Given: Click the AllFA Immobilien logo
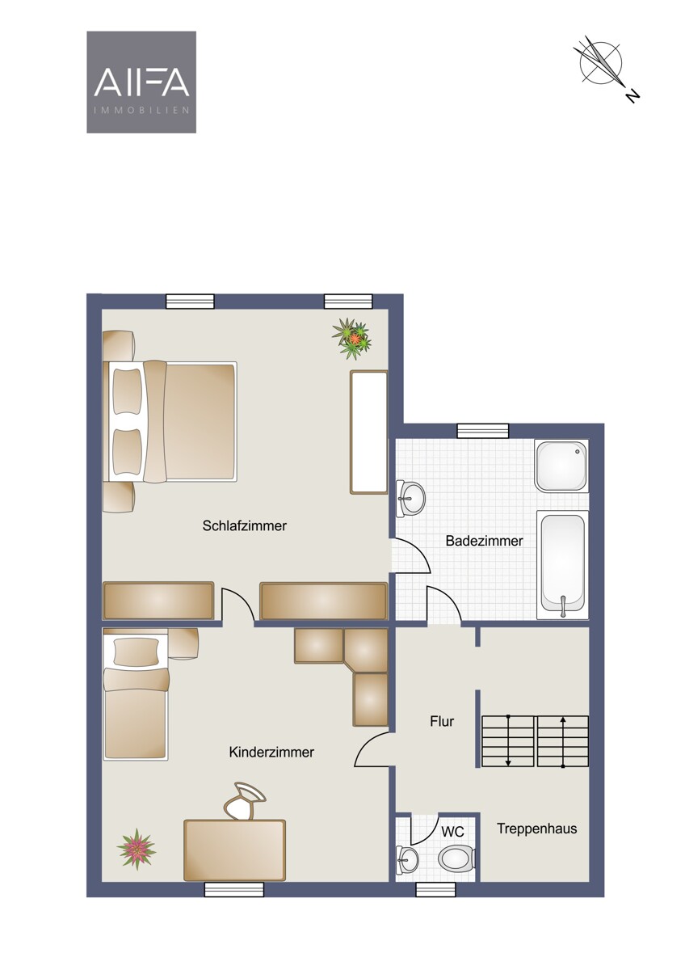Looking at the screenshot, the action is pos(141,82).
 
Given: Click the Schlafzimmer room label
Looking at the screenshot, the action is pos(245,525).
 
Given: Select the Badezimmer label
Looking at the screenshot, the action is pos(484,541).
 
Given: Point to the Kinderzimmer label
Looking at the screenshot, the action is pos(271,753).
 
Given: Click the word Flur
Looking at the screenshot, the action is pos(442,721).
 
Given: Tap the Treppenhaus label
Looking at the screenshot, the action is pos(536,829).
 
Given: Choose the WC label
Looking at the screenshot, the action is pos(452,832).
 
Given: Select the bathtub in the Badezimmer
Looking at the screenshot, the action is pos(562,565).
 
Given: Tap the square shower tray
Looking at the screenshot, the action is pos(561,466).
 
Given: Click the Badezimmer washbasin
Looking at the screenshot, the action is pos(410,498).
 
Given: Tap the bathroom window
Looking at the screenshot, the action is pos(483,431).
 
